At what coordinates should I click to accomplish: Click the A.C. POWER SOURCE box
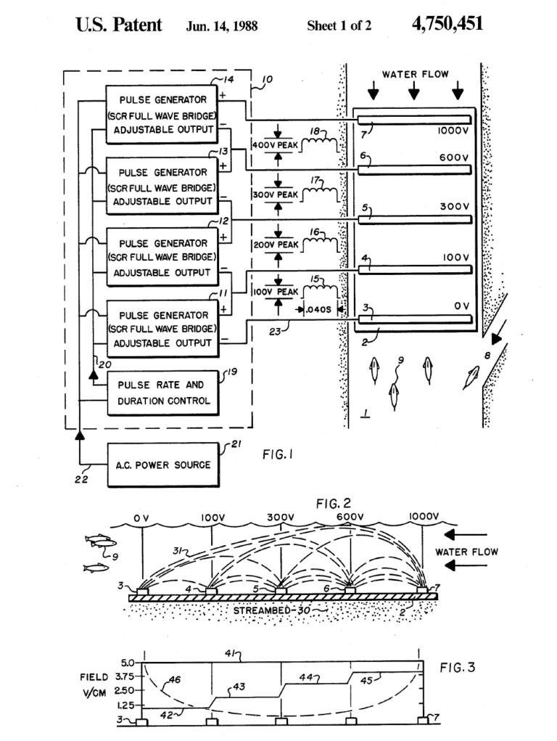[160, 464]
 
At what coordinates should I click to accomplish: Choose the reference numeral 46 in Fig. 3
[175, 680]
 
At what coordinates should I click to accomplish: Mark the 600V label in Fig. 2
[348, 517]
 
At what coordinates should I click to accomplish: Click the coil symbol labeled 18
[318, 144]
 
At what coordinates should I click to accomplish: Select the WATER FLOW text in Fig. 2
[466, 552]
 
